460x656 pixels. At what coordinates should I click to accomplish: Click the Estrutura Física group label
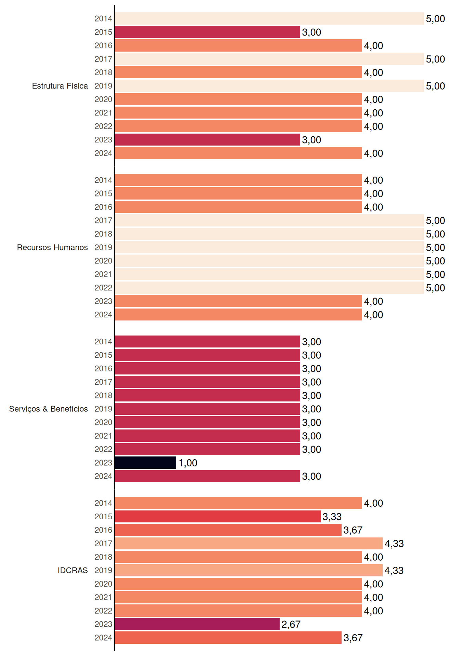pyautogui.click(x=60, y=86)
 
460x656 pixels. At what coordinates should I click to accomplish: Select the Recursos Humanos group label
pyautogui.click(x=52, y=247)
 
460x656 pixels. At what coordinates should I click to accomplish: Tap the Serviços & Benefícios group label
pyautogui.click(x=48, y=409)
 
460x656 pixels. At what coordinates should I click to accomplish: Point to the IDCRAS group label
pyautogui.click(x=73, y=570)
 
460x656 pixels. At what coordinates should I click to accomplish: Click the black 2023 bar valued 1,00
pyautogui.click(x=145, y=463)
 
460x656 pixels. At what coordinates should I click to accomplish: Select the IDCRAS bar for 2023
pyautogui.click(x=197, y=624)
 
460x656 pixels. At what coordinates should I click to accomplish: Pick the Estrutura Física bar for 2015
pyautogui.click(x=207, y=32)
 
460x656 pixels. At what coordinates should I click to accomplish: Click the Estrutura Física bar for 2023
pyautogui.click(x=207, y=140)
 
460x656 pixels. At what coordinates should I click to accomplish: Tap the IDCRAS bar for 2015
pyautogui.click(x=218, y=517)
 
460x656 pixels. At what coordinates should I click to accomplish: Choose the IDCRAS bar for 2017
pyautogui.click(x=248, y=543)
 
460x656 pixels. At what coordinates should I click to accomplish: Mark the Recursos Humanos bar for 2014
pyautogui.click(x=238, y=180)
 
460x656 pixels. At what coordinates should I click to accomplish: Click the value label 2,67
pyautogui.click(x=291, y=624)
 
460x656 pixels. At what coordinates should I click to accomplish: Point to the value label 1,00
pyautogui.click(x=188, y=463)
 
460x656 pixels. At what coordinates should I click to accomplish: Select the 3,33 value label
pyautogui.click(x=332, y=517)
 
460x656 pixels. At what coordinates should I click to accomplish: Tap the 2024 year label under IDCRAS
pyautogui.click(x=103, y=638)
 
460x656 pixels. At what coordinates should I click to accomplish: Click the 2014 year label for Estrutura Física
pyautogui.click(x=103, y=18)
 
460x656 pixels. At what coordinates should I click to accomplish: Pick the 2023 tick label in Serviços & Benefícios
pyautogui.click(x=103, y=463)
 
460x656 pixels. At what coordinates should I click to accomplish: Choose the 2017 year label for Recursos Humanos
pyautogui.click(x=103, y=220)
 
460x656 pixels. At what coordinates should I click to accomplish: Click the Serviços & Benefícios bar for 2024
pyautogui.click(x=207, y=476)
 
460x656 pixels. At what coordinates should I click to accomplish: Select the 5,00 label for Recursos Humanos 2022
pyautogui.click(x=435, y=288)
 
